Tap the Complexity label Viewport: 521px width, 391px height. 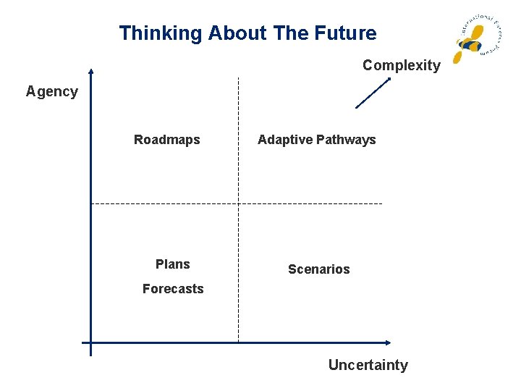[x=401, y=65]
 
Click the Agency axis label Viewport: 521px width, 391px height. [x=51, y=91]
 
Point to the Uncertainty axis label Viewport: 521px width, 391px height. [x=368, y=365]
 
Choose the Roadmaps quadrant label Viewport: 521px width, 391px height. [x=166, y=140]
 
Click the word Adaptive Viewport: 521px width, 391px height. [x=283, y=140]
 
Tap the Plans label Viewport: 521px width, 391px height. [x=172, y=264]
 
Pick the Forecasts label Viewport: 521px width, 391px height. [x=173, y=289]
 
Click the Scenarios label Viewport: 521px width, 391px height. [x=318, y=269]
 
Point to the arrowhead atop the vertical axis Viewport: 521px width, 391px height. [x=90, y=72]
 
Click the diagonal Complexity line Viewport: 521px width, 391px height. [x=372, y=93]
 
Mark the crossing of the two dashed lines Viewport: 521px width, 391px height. [x=238, y=204]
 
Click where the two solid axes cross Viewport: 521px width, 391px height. [x=90, y=342]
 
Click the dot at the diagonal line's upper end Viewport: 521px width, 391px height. [x=389, y=78]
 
